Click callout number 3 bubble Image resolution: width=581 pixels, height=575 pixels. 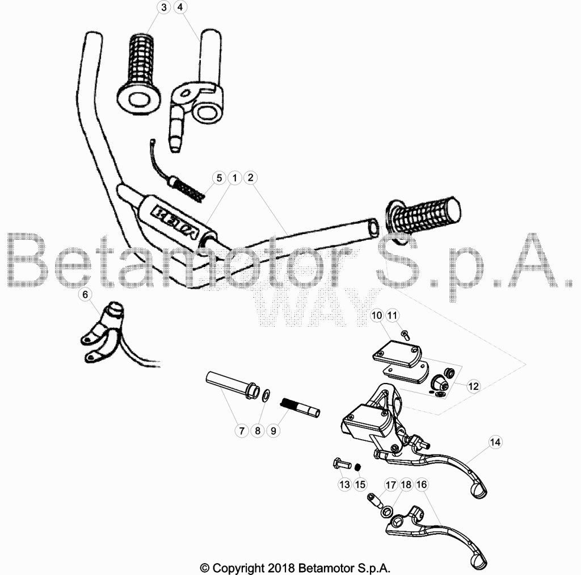164,7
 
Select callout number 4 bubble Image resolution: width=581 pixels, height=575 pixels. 180,7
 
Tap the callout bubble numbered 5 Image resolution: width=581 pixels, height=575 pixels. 219,178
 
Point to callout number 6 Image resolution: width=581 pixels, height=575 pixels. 85,294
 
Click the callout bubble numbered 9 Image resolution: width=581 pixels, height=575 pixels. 273,431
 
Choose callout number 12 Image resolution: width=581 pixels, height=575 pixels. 474,386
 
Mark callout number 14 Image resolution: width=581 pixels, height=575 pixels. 495,442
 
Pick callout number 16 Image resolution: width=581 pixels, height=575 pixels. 422,485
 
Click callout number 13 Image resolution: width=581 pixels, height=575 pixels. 344,484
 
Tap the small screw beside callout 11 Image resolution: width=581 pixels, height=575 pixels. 406,335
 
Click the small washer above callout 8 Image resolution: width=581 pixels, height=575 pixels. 266,395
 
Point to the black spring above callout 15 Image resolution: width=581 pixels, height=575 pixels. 358,467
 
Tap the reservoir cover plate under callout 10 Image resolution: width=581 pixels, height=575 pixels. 397,353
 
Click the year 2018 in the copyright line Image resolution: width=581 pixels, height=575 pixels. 280,568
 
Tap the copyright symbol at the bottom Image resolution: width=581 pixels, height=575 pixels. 204,568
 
